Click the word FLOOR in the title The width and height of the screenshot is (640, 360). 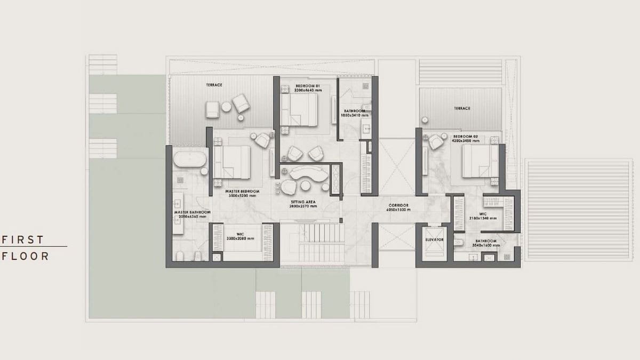(26, 256)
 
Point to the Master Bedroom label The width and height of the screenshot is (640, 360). (243, 191)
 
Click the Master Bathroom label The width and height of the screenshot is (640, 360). (192, 212)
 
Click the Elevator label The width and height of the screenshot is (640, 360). (435, 240)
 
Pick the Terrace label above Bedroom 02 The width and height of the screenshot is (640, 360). (462, 108)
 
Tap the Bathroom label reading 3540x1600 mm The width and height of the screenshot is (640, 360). (485, 241)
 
